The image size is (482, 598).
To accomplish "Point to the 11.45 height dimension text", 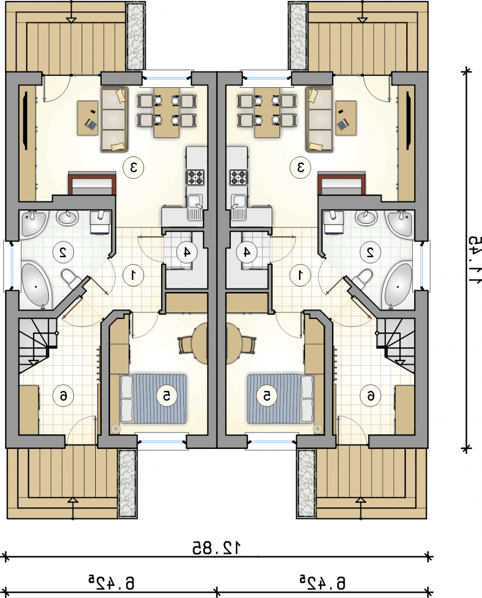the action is pos(474,260).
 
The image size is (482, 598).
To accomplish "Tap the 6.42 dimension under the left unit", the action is pos(112,583).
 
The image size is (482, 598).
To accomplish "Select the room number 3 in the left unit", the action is pos(134,167).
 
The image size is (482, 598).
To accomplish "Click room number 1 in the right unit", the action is pos(300,275).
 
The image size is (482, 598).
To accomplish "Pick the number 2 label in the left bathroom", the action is pos(63,252).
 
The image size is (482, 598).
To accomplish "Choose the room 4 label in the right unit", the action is pos(247,252).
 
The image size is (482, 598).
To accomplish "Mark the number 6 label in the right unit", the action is pos(370,396).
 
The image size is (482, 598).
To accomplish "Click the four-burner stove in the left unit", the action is pos(196,177).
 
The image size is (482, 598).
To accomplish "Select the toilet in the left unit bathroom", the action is pos(70,279).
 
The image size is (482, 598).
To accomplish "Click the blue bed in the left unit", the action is pos(153,399).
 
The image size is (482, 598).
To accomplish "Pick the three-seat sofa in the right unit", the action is pos(320,120).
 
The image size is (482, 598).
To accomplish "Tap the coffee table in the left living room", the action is pos(88,118).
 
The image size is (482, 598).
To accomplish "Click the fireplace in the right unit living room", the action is pos(341,183).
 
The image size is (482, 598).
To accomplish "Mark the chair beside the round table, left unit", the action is pos(185,345).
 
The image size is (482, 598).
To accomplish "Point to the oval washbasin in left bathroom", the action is pos(67,218).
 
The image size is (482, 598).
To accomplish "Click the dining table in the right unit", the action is pos(267,113).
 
